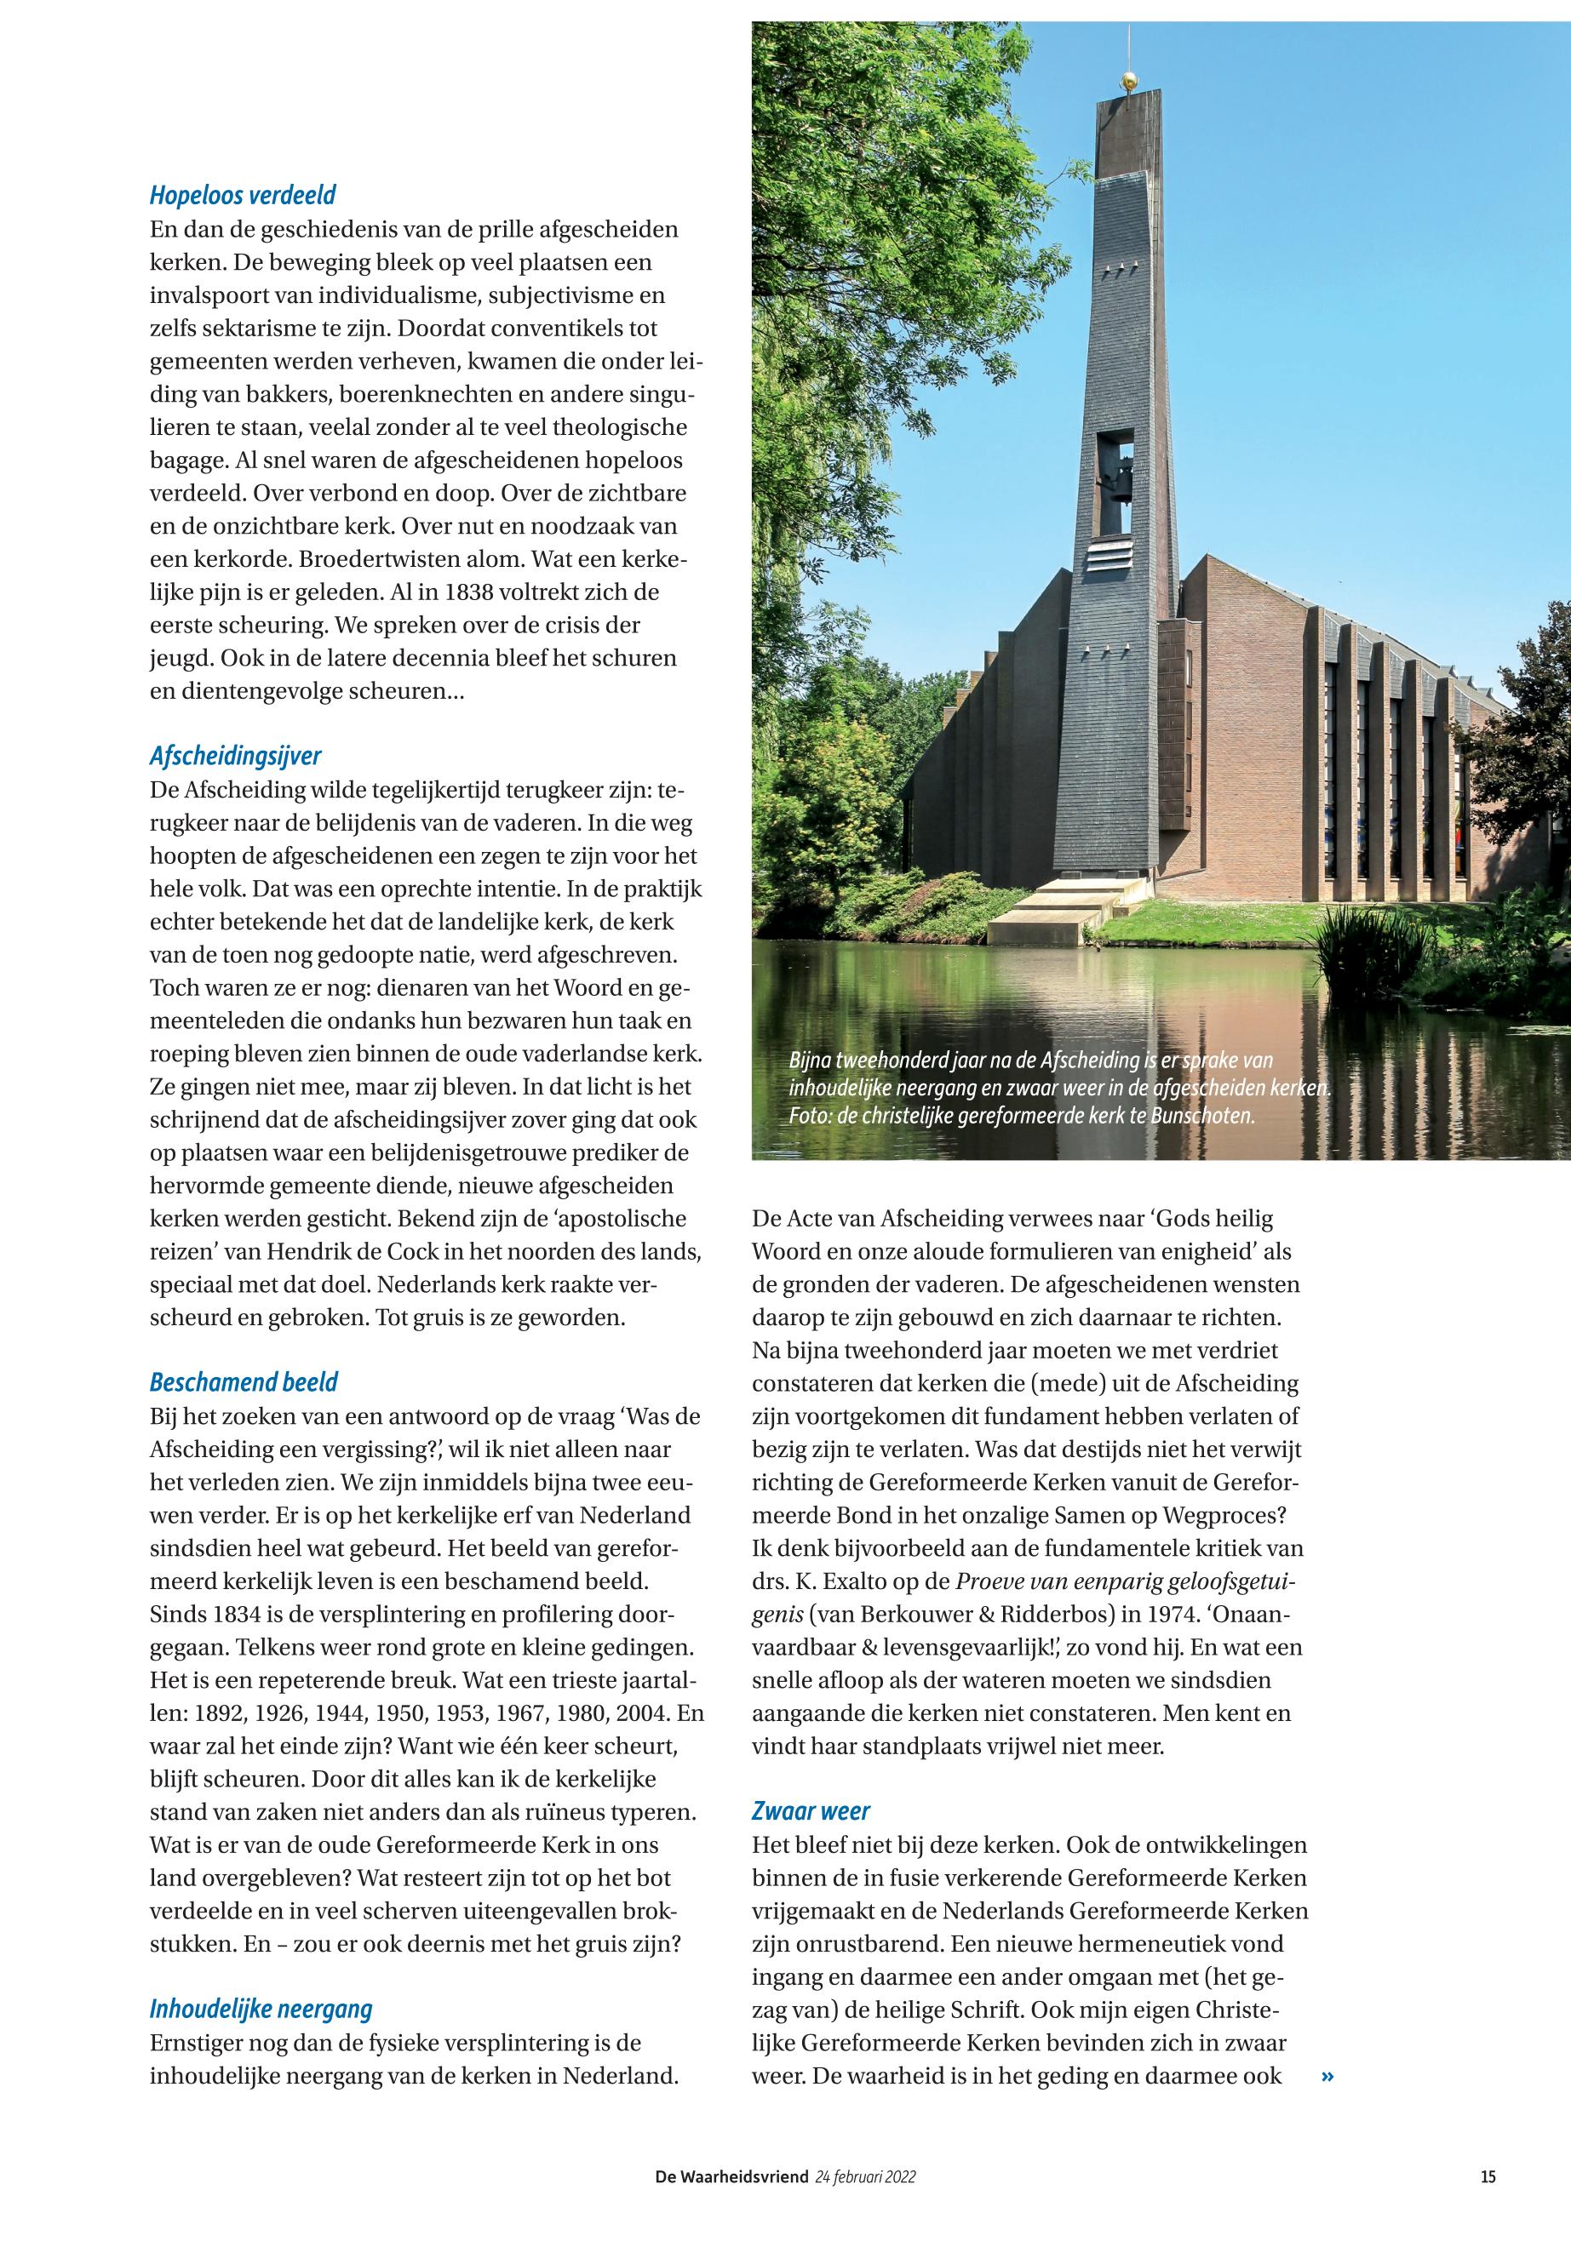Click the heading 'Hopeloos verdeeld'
point(244,195)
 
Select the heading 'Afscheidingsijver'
point(235,756)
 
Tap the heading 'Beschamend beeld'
point(244,1382)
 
